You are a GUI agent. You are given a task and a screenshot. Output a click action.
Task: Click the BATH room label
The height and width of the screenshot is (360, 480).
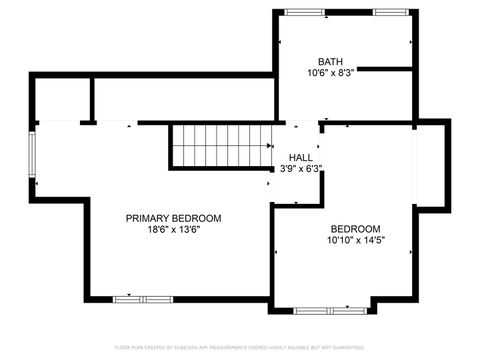pos(330,61)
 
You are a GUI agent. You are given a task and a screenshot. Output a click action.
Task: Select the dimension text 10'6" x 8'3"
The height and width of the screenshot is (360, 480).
pos(330,72)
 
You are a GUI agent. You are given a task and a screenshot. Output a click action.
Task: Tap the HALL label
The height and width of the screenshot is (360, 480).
pos(300,158)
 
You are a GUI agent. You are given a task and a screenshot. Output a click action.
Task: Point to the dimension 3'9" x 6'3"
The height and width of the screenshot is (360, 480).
pos(300,169)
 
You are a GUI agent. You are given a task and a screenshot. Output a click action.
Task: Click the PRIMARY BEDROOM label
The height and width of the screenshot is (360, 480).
pos(173,218)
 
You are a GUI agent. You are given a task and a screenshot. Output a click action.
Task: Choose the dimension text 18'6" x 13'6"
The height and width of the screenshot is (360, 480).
pos(173,229)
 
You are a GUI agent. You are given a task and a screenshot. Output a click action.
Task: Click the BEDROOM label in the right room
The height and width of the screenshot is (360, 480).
pos(354,228)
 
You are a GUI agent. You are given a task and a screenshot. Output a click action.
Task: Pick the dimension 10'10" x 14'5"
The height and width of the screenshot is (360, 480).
pos(355,240)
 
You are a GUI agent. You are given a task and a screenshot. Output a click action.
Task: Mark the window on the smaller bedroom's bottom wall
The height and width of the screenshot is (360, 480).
pos(320,310)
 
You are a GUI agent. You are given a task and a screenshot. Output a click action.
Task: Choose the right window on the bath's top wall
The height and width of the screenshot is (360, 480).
pos(389,12)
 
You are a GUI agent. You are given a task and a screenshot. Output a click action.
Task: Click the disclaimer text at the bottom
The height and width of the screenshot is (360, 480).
pos(239,347)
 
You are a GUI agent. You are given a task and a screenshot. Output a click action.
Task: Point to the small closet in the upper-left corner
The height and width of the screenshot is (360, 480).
pos(62,99)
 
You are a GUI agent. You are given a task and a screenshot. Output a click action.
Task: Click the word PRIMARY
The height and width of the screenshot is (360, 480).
pos(147,218)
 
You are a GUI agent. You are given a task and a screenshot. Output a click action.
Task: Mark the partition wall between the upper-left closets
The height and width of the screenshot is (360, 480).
pos(92,99)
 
